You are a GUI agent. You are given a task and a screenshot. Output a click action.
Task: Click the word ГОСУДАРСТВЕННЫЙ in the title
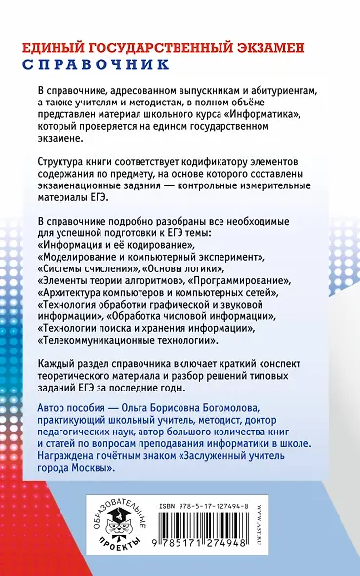[x=168, y=45]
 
